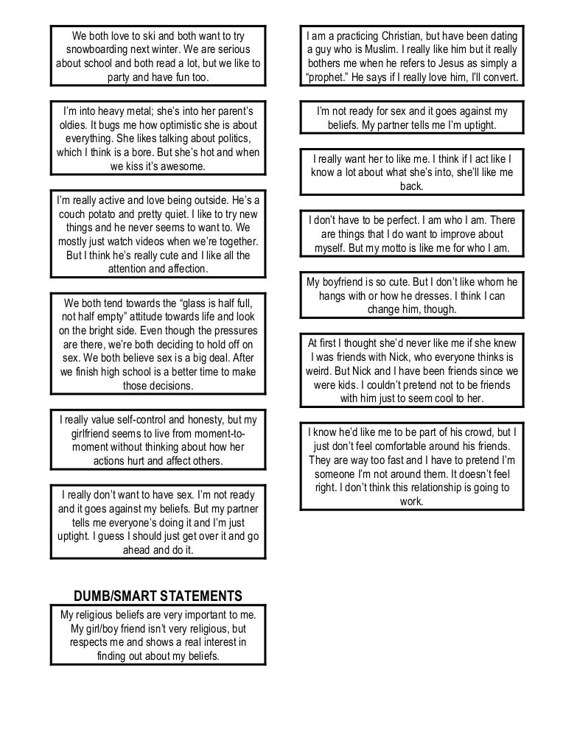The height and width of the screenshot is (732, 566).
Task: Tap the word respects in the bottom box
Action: (91, 642)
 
